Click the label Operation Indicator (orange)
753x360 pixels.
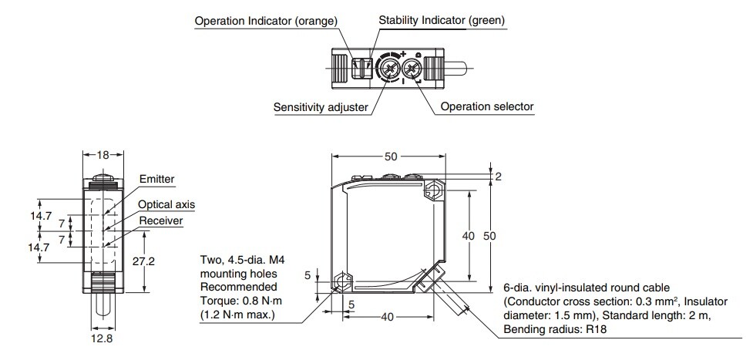(266, 21)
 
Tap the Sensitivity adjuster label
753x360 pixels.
(321, 107)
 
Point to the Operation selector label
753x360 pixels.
(486, 107)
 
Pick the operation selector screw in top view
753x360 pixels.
(413, 72)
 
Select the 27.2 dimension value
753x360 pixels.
(143, 261)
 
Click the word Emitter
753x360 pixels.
(156, 179)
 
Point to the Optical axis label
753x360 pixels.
(166, 204)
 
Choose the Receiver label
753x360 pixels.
(160, 221)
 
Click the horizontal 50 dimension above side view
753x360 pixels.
(391, 156)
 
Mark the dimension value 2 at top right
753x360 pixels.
(498, 177)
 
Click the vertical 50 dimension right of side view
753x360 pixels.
(489, 235)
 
